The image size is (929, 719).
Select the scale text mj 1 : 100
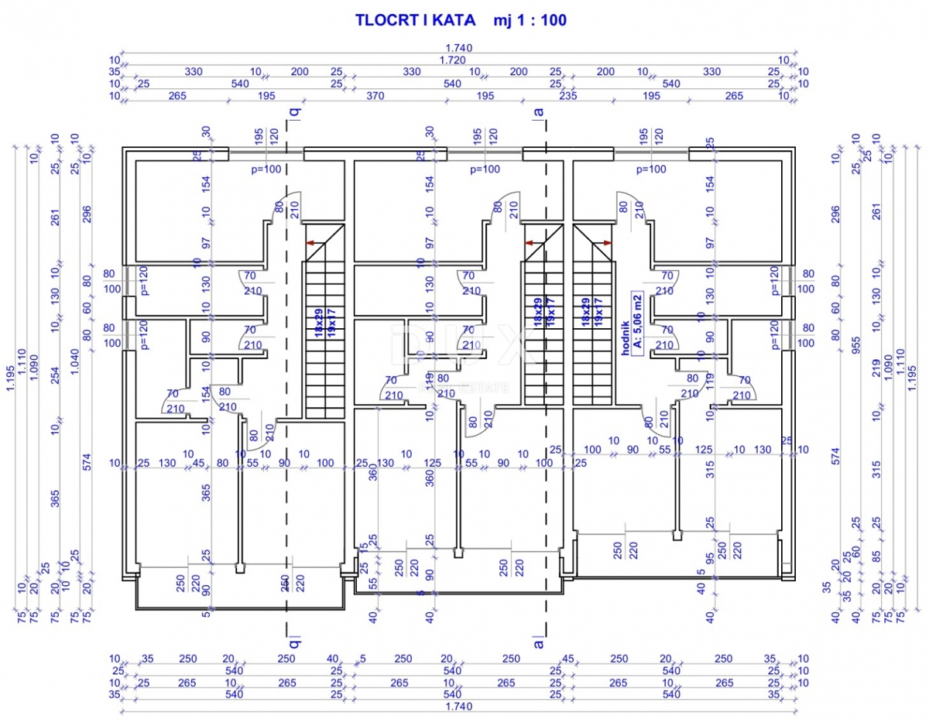[530, 21]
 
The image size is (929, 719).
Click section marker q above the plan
[293, 111]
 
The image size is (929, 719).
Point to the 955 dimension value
[856, 344]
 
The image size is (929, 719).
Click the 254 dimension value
[54, 376]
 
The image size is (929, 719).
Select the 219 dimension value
[877, 366]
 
